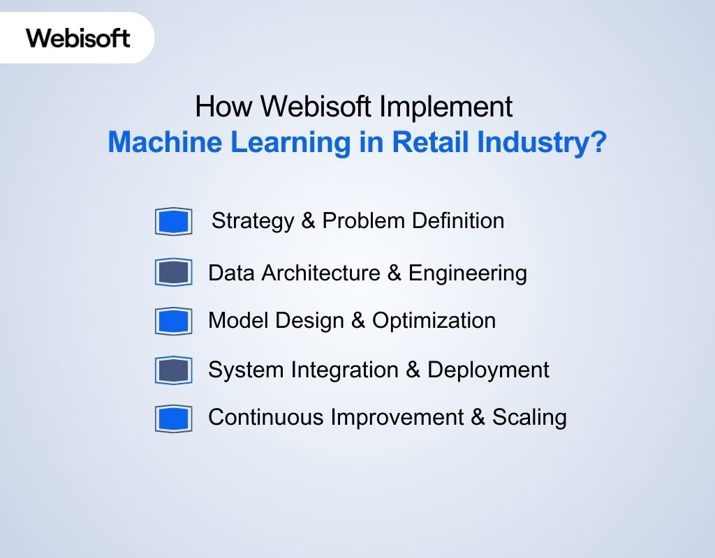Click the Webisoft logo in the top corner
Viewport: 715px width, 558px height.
tap(78, 37)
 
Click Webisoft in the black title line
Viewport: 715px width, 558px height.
tap(318, 107)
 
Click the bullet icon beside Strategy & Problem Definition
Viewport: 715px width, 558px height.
tap(173, 222)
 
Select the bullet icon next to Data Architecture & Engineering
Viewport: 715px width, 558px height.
tap(173, 272)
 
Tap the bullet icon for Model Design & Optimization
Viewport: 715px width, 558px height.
tap(173, 321)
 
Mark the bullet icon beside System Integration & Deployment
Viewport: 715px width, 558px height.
tap(173, 370)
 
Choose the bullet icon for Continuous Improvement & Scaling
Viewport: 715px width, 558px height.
tap(173, 418)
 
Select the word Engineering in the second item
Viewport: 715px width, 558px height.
tap(467, 273)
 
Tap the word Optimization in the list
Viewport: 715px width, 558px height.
tap(434, 321)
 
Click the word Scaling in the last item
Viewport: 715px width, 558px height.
tap(529, 418)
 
